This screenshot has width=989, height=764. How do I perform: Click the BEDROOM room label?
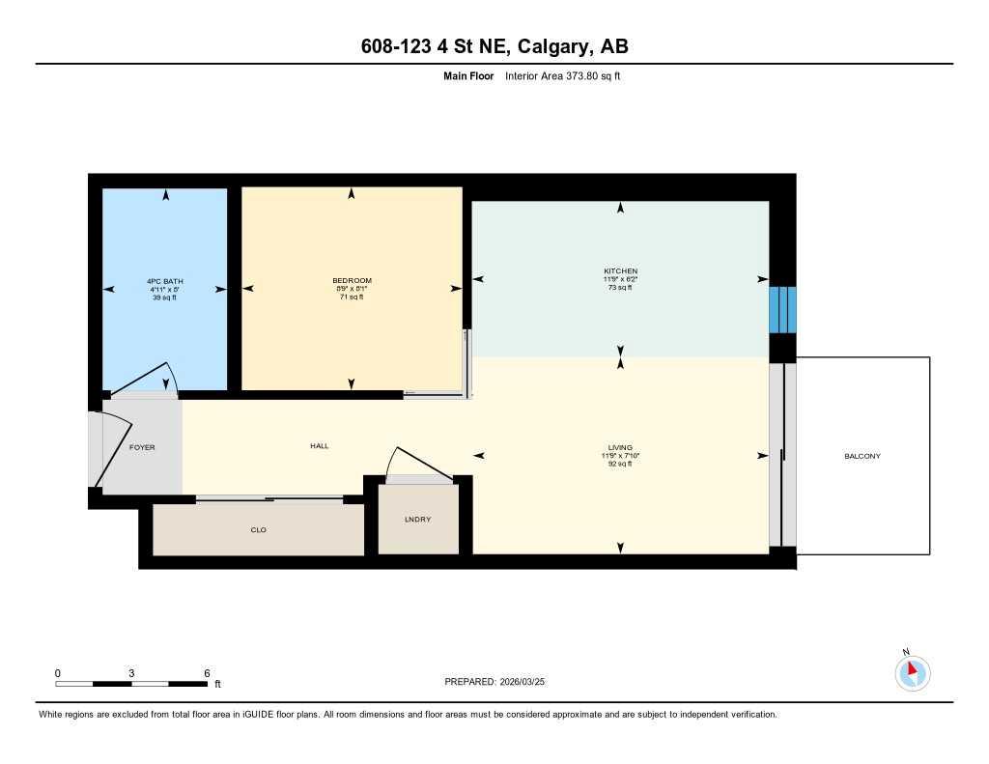(352, 280)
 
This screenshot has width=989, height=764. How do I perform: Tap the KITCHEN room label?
(619, 271)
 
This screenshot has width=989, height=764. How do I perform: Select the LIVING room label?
(619, 447)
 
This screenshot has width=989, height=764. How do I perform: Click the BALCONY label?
(862, 456)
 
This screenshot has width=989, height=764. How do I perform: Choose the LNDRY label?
(417, 520)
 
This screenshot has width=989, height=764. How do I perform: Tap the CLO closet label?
(258, 529)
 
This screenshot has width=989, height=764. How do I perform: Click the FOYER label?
(142, 447)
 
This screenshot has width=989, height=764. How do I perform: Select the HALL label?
(319, 446)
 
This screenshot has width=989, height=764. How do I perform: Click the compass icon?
(912, 672)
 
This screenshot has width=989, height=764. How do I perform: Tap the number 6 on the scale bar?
(207, 672)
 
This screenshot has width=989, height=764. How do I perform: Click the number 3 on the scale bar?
(131, 672)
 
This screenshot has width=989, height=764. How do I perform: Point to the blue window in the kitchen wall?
(782, 309)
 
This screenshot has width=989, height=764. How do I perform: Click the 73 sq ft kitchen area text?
(619, 288)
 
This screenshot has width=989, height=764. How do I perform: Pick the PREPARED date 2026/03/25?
(527, 681)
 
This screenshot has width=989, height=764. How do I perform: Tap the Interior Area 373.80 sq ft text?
(563, 75)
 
